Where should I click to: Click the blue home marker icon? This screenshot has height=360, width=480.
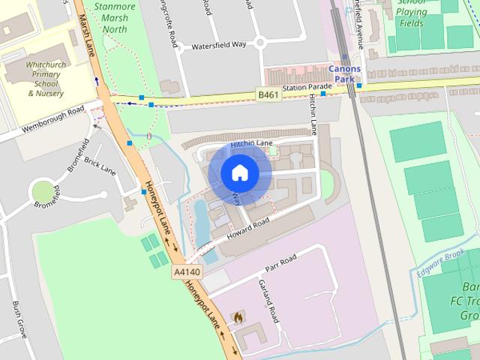tap(239, 173)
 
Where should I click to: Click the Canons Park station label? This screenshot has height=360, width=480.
tap(345, 73)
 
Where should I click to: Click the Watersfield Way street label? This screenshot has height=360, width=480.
tap(219, 45)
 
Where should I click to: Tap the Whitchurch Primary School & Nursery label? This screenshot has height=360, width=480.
tap(45, 79)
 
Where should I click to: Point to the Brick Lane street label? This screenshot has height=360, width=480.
tap(100, 165)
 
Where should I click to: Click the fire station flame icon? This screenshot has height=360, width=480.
tap(238, 317)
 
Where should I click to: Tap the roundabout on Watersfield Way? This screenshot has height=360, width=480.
tap(260, 42)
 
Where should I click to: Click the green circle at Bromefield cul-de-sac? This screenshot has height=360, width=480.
tap(43, 192)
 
